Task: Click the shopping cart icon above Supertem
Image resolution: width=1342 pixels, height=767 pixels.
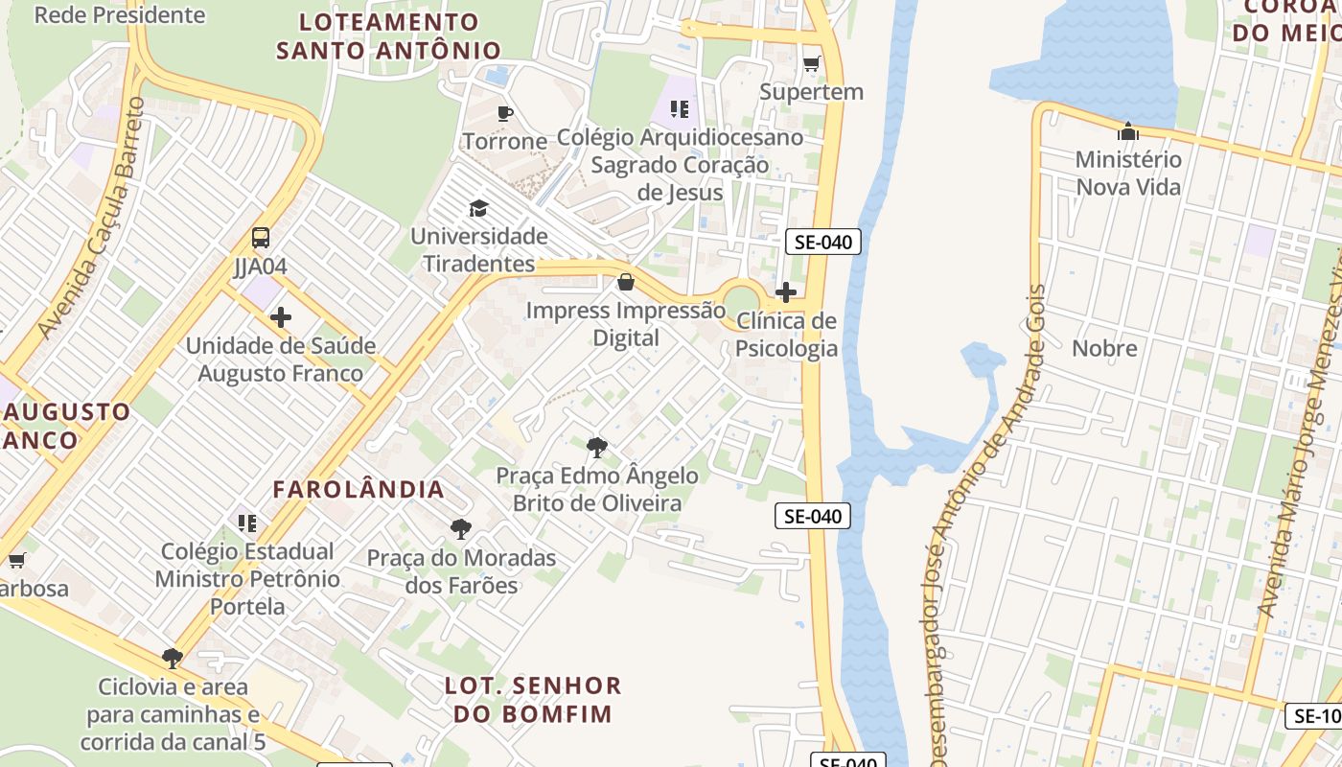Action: tap(811, 64)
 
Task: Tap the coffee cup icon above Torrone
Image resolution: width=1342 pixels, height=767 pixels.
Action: tap(504, 113)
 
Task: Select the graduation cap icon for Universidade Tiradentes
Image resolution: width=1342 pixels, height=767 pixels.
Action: tap(478, 208)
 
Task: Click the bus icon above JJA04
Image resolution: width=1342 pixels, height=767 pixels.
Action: tap(260, 238)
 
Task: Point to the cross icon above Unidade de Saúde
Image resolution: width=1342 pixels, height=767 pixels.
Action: tap(281, 317)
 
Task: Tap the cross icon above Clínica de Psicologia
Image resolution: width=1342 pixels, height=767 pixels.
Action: tap(786, 292)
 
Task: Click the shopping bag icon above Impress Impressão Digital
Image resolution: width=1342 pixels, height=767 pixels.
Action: tap(626, 282)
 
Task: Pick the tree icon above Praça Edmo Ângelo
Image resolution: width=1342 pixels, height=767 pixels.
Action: tap(597, 447)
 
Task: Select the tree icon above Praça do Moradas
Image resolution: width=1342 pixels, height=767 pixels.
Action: tap(461, 529)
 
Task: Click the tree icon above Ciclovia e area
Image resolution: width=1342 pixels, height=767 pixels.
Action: tap(173, 659)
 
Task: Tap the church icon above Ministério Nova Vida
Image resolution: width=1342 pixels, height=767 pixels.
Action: tap(1128, 131)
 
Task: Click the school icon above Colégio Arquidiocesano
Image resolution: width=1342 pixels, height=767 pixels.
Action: tap(680, 109)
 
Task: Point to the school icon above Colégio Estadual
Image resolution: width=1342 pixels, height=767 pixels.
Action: tap(247, 523)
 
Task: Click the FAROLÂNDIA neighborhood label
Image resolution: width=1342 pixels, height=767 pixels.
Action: tap(359, 489)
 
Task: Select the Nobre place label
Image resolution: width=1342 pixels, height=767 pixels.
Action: tap(1104, 348)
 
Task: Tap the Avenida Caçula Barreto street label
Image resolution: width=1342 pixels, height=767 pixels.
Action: tap(92, 218)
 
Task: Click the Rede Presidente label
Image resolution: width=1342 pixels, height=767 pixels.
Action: tap(119, 15)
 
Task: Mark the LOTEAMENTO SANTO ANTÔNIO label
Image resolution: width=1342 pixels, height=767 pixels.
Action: tap(389, 36)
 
